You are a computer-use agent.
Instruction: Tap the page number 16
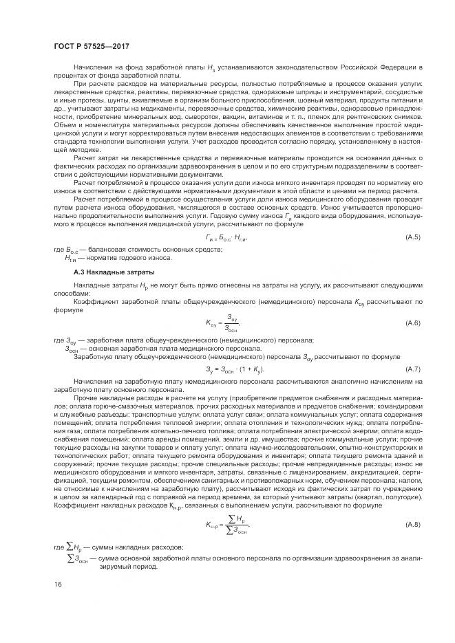[x=57, y=583]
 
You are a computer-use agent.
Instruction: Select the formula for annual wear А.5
[x=226, y=238]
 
